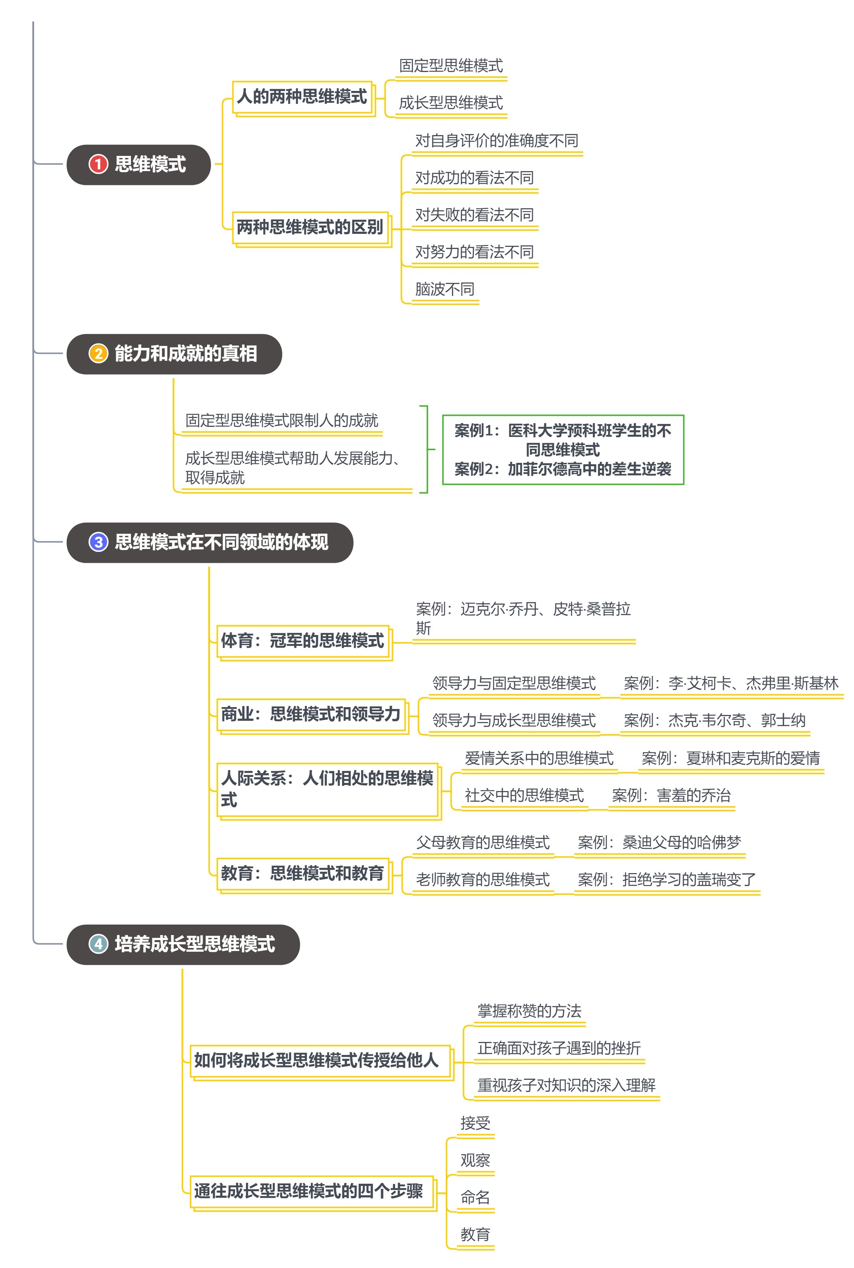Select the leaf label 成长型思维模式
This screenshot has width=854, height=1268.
451,102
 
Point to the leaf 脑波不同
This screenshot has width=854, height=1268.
444,289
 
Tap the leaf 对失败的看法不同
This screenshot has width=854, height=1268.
474,215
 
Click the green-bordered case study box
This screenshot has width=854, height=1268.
563,450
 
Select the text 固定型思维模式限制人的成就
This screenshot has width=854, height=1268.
282,421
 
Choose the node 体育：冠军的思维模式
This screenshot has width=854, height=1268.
303,641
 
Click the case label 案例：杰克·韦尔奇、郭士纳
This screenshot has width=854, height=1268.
714,720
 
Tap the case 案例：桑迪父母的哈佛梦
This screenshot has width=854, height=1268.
659,842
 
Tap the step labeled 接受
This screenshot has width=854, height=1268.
475,1123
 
